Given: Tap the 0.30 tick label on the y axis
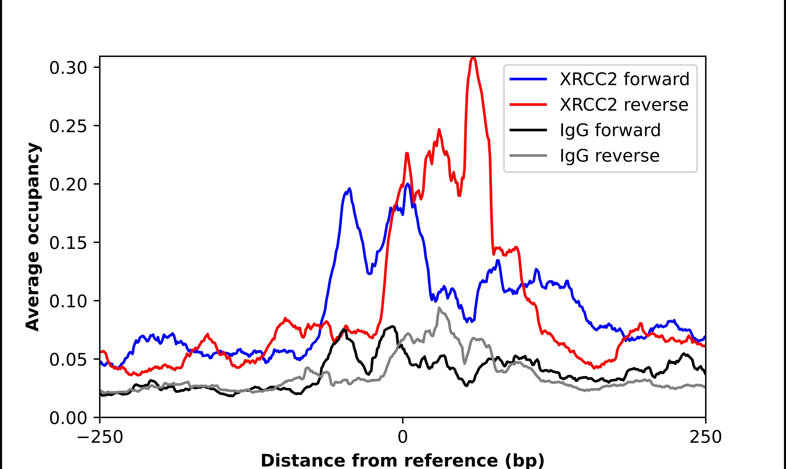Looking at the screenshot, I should click(x=68, y=68).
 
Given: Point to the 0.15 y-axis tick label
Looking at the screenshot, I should click(x=68, y=243).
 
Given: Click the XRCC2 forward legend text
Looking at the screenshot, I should click(x=624, y=79).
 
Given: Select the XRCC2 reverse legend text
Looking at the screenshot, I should click(x=623, y=105).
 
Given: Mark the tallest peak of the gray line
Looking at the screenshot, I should click(x=439, y=308).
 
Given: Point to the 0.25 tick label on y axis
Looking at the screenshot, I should click(x=68, y=126).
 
